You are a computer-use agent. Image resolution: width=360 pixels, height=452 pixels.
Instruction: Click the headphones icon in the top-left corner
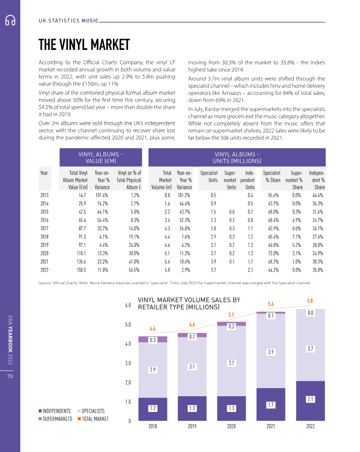tap(10, 20)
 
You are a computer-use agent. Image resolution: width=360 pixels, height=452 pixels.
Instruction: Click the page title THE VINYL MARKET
tap(84, 45)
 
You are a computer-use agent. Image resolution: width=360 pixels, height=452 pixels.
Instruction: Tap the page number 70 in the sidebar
tap(10, 376)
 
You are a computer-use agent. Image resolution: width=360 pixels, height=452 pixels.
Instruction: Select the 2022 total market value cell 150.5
tap(80, 270)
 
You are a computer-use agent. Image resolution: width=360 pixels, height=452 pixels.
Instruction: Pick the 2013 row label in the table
tap(44, 195)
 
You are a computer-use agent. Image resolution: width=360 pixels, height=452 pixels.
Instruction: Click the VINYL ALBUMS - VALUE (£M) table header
tap(101, 158)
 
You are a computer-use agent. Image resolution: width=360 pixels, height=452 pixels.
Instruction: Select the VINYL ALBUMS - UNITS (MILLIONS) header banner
tap(237, 158)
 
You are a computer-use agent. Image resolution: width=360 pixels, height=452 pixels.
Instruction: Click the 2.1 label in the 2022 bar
tap(310, 399)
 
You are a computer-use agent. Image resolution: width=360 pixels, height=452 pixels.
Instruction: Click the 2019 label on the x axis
tap(192, 427)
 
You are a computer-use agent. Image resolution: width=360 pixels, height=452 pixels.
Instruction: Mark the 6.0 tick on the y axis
tap(127, 305)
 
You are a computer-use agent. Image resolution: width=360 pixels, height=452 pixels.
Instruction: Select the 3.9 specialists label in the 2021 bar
tap(271, 352)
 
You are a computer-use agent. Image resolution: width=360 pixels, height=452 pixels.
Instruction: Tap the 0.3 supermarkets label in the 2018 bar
tap(153, 340)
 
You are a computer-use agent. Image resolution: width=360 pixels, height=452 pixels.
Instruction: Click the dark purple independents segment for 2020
tap(231, 408)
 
